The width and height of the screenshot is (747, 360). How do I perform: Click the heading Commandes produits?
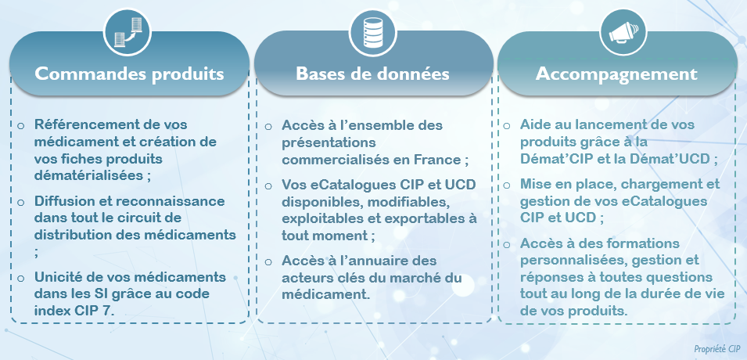pos(129,74)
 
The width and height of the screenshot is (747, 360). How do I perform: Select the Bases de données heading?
pos(372,74)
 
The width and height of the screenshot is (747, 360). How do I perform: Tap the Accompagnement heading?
pos(616,74)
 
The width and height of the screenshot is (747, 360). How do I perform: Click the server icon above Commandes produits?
pos(127,33)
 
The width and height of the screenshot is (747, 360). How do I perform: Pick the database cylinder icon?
pos(373,32)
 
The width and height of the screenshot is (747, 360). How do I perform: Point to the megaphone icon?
pos(623,32)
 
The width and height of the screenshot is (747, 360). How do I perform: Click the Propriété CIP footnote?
pos(717,348)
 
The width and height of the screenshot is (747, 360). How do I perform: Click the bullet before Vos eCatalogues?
pos(269,185)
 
